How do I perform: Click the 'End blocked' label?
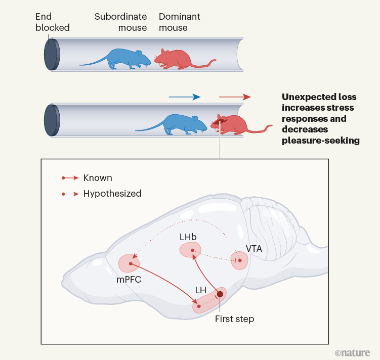pos(52,22)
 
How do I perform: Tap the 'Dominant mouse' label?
pos(179,22)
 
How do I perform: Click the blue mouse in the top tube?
pos(121,58)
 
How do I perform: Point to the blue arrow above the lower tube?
pos(184,97)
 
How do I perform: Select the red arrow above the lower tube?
pos(234,97)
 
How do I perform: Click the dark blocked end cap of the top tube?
pos(51,54)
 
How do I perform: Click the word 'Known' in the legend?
pos(98,178)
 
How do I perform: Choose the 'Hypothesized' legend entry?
pos(112,193)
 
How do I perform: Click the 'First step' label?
pos(234,319)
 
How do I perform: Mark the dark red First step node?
pos(220,294)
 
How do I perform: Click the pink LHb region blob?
pos(190,250)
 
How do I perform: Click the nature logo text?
pos(352,352)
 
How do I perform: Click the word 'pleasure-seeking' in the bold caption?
pos(320,141)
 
